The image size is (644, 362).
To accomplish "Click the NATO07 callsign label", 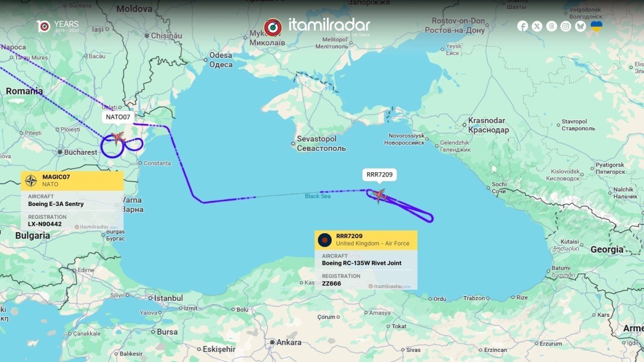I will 118,116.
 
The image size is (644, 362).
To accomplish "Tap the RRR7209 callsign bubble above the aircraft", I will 379,174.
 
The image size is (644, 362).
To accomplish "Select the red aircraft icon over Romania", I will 118,138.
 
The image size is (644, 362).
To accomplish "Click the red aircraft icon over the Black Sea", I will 379,195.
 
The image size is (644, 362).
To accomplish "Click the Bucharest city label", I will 80,152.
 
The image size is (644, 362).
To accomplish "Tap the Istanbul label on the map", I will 168,298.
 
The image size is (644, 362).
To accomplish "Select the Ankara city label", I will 289,342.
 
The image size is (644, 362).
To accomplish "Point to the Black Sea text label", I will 318,196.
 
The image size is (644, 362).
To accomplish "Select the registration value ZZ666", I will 331,283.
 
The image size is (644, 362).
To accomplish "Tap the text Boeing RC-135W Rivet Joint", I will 361,263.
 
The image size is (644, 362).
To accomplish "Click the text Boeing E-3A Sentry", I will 56,204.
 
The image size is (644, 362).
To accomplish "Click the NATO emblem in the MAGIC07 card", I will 32,181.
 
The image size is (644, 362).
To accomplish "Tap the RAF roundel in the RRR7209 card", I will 325,240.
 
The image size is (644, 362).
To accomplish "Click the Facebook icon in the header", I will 522,26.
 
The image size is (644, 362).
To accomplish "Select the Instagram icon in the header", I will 566,26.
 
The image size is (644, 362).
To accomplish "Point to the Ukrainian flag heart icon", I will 596,26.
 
